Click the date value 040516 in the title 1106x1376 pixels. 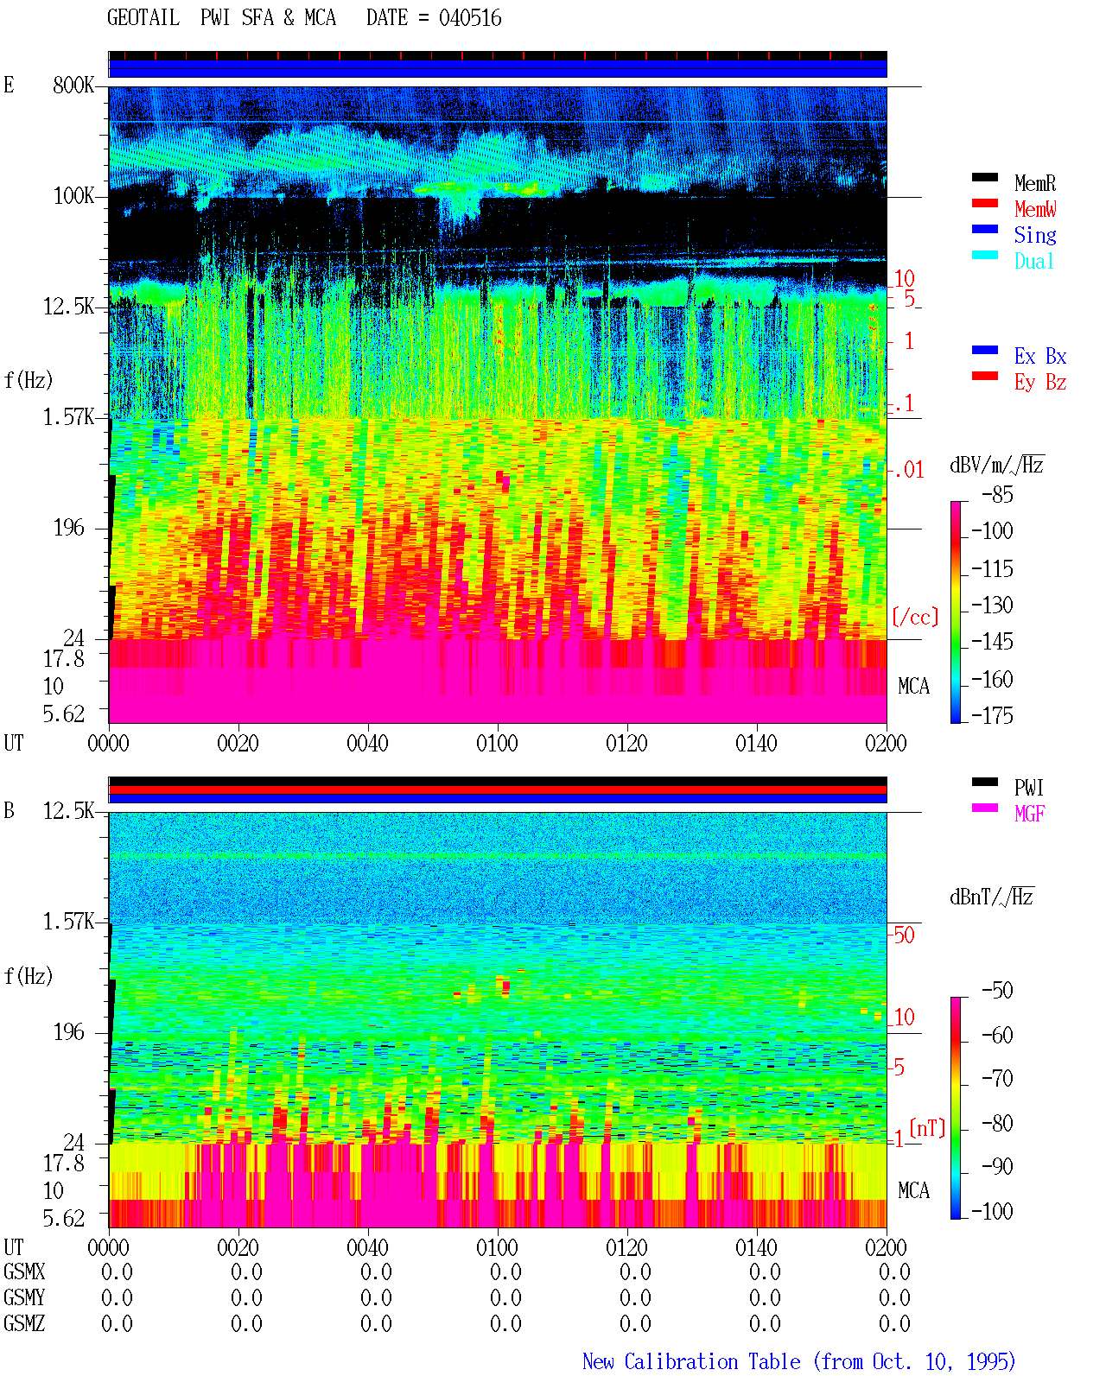[x=469, y=18]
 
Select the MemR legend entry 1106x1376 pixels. [x=1034, y=183]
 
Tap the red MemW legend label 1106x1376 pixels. [x=1034, y=209]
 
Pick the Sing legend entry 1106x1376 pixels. [x=1034, y=235]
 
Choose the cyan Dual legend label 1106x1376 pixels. [x=1033, y=262]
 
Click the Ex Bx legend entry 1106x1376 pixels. [x=1039, y=356]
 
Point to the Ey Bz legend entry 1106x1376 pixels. [x=1039, y=383]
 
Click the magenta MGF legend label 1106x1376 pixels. [x=1029, y=814]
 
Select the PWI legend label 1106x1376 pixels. [x=1028, y=788]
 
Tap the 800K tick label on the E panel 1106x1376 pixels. [x=73, y=85]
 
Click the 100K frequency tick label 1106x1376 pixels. [x=73, y=196]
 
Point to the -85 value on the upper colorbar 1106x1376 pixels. [x=997, y=494]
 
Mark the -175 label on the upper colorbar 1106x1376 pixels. [x=992, y=715]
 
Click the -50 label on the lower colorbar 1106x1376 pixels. [x=997, y=991]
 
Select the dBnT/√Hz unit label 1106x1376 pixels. [x=991, y=897]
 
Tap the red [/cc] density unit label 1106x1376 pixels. [x=915, y=617]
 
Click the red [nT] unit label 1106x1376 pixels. [x=927, y=1127]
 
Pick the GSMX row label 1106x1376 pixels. [x=24, y=1271]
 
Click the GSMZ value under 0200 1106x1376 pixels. [x=894, y=1323]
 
